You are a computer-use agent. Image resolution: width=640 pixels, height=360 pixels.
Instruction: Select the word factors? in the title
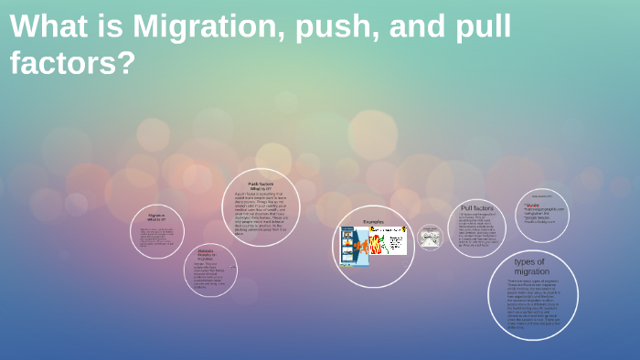(73, 62)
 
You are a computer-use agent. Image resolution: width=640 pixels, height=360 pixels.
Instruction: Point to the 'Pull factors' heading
(477, 207)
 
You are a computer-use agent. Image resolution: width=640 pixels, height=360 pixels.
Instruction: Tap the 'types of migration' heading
(531, 266)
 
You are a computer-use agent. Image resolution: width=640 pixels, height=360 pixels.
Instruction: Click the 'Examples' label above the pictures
(373, 221)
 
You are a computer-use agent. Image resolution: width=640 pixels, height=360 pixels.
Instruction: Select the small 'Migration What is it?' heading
(156, 217)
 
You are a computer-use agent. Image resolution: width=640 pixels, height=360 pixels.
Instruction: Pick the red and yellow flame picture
(375, 247)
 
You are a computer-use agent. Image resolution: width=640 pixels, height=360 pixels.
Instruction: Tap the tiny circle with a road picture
(430, 237)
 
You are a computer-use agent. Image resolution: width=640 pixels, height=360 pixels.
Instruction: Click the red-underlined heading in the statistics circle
(206, 253)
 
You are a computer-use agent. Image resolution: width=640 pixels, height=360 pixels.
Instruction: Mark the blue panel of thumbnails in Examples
(347, 245)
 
